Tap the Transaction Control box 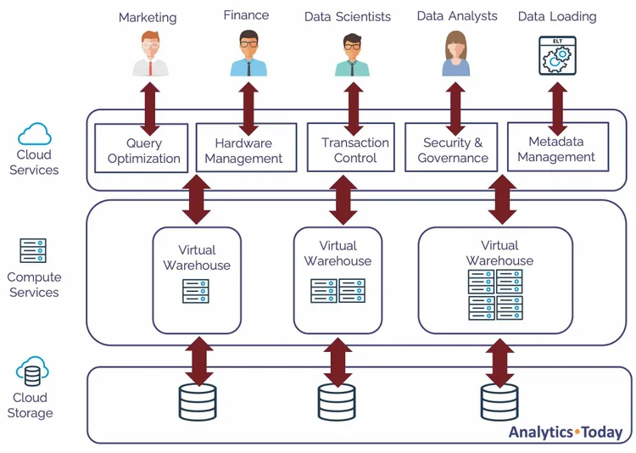click(355, 148)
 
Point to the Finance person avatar click(248, 53)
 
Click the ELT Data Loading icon click(557, 54)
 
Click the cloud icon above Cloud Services click(35, 134)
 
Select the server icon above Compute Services click(33, 251)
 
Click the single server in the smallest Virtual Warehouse click(196, 291)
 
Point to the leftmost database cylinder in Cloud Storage click(198, 402)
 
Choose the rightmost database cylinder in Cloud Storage click(499, 402)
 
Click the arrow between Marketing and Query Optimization click(150, 103)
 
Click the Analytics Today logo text click(565, 432)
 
